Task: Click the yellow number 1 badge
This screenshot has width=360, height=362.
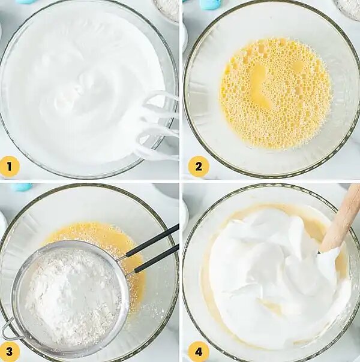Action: click(x=9, y=167)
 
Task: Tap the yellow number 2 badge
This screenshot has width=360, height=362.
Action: click(x=198, y=167)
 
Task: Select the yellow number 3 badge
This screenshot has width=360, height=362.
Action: click(x=9, y=352)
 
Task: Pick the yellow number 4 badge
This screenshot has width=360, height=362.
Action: click(x=198, y=352)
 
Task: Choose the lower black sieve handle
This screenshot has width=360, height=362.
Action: click(x=157, y=258)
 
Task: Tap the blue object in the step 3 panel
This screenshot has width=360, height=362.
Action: click(x=21, y=186)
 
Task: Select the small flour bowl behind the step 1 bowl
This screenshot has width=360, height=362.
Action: click(x=166, y=9)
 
